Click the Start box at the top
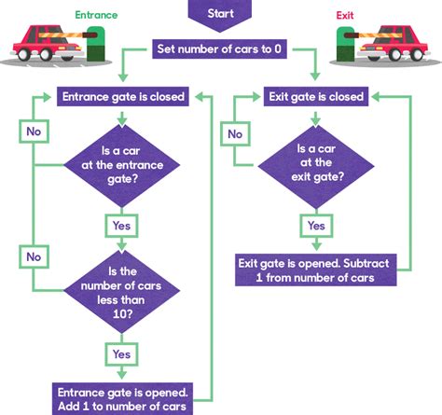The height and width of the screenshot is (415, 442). pos(220,13)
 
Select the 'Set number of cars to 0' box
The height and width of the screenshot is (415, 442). pos(220,49)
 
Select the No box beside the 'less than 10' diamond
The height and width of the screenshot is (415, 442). pos(34,255)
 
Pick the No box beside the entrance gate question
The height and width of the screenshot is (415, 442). pos(34,132)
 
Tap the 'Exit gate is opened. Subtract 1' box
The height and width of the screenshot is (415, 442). pos(317,270)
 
